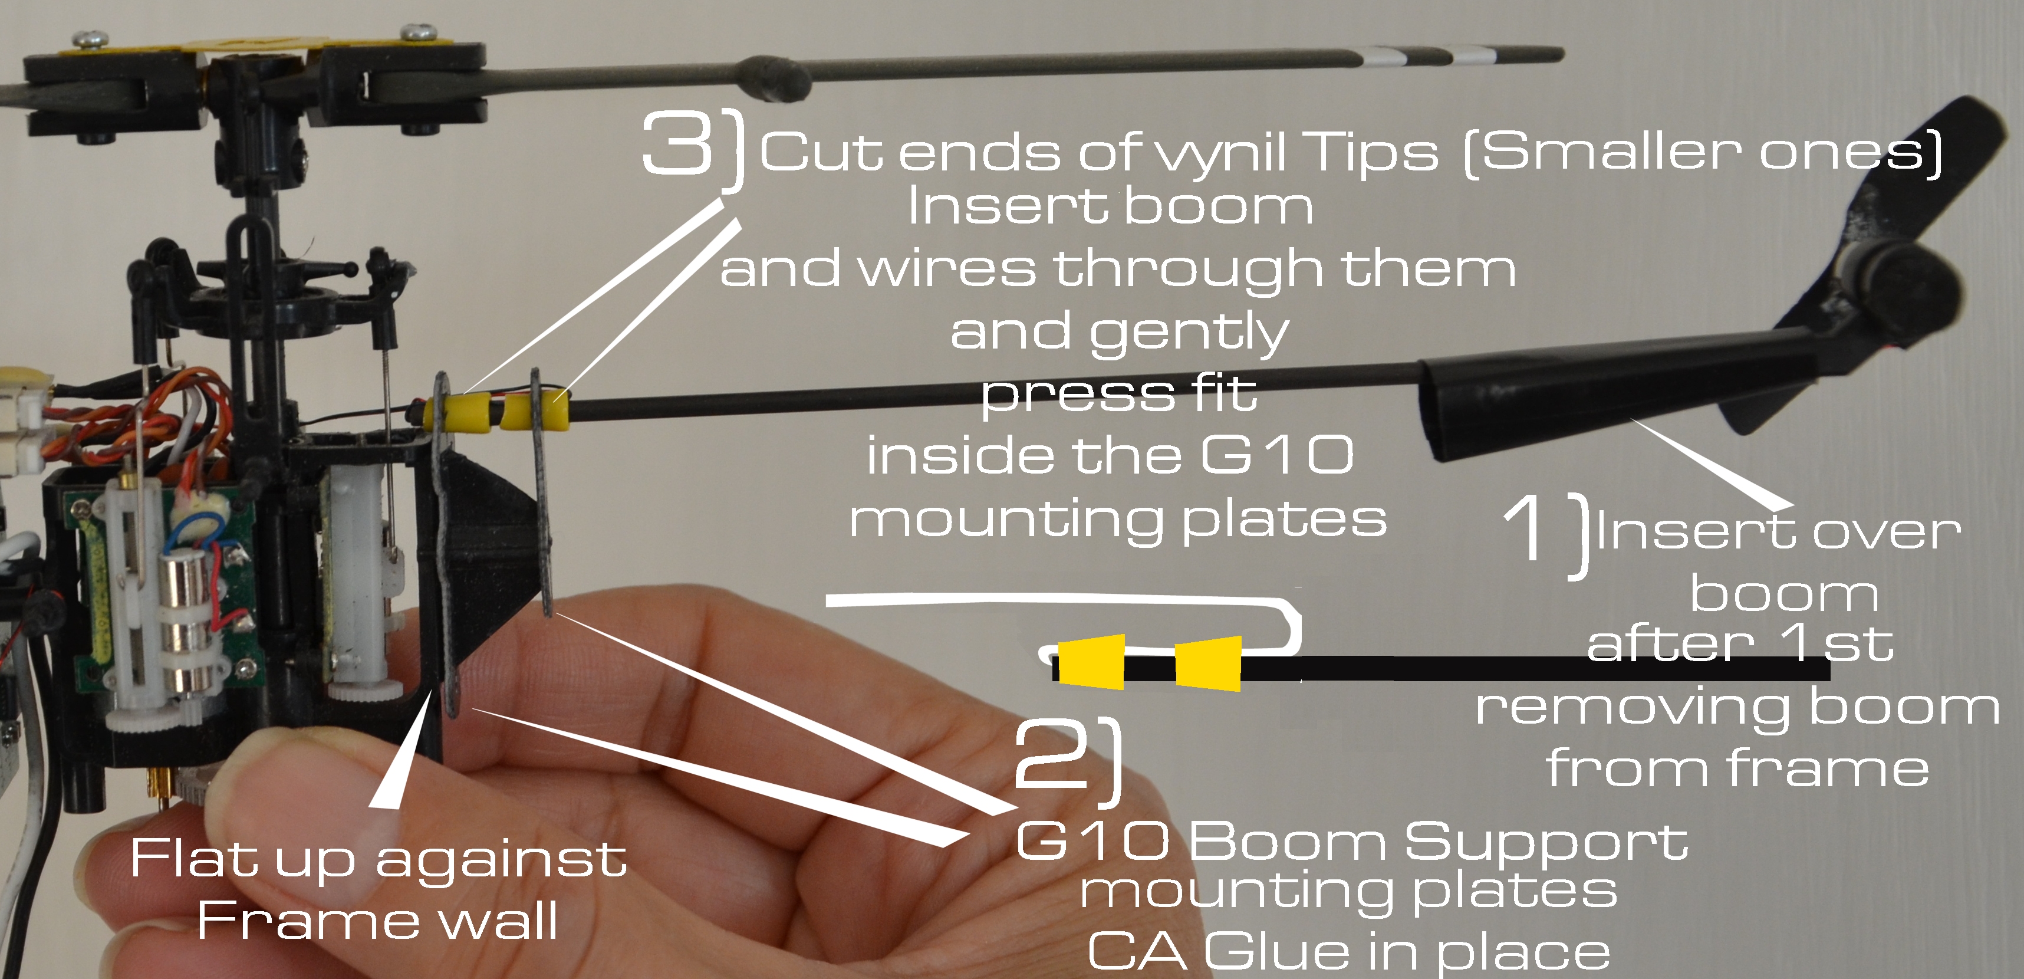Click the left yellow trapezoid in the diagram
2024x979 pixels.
click(1091, 662)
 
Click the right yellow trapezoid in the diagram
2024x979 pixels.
click(1209, 663)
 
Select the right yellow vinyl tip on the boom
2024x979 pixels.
click(536, 410)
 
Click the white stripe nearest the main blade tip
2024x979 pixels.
click(1471, 55)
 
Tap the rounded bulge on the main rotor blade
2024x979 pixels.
click(775, 78)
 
